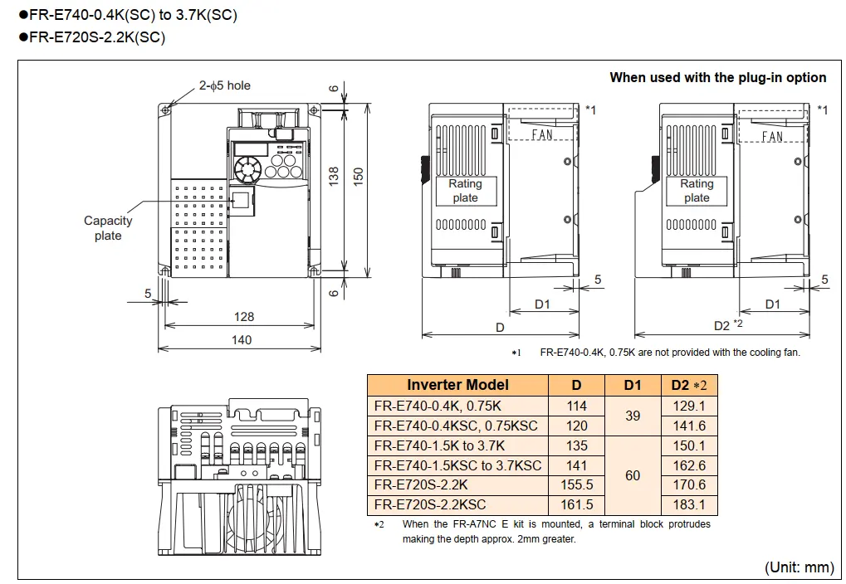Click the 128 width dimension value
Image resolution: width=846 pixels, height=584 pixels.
tap(244, 317)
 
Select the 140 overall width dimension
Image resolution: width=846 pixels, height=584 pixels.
tap(242, 340)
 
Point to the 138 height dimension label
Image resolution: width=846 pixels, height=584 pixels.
tap(334, 177)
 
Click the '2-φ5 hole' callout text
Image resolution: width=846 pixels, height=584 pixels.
tap(224, 85)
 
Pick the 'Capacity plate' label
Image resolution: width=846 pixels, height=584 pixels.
tap(108, 228)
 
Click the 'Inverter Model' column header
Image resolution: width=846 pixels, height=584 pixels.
tap(457, 384)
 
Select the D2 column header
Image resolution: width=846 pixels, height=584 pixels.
tap(689, 385)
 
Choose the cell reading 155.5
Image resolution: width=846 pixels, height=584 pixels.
tap(577, 484)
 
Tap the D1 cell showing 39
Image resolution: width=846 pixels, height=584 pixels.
tap(633, 416)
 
